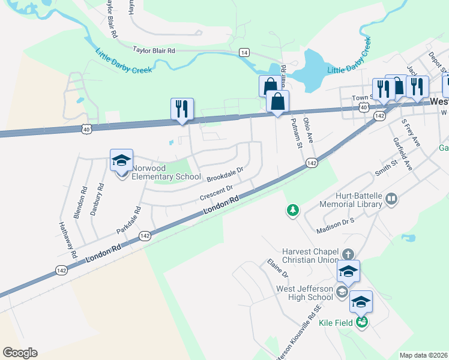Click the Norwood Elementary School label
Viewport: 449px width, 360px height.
tap(166, 172)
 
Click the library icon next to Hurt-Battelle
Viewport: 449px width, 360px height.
tap(392, 199)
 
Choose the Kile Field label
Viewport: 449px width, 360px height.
tap(334, 323)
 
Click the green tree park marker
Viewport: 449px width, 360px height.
tap(292, 210)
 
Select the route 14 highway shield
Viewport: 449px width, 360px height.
tap(244, 52)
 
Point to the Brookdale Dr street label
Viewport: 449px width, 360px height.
tap(224, 175)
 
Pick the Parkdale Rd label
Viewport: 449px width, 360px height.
tap(128, 220)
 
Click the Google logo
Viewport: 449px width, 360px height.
tap(20, 352)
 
